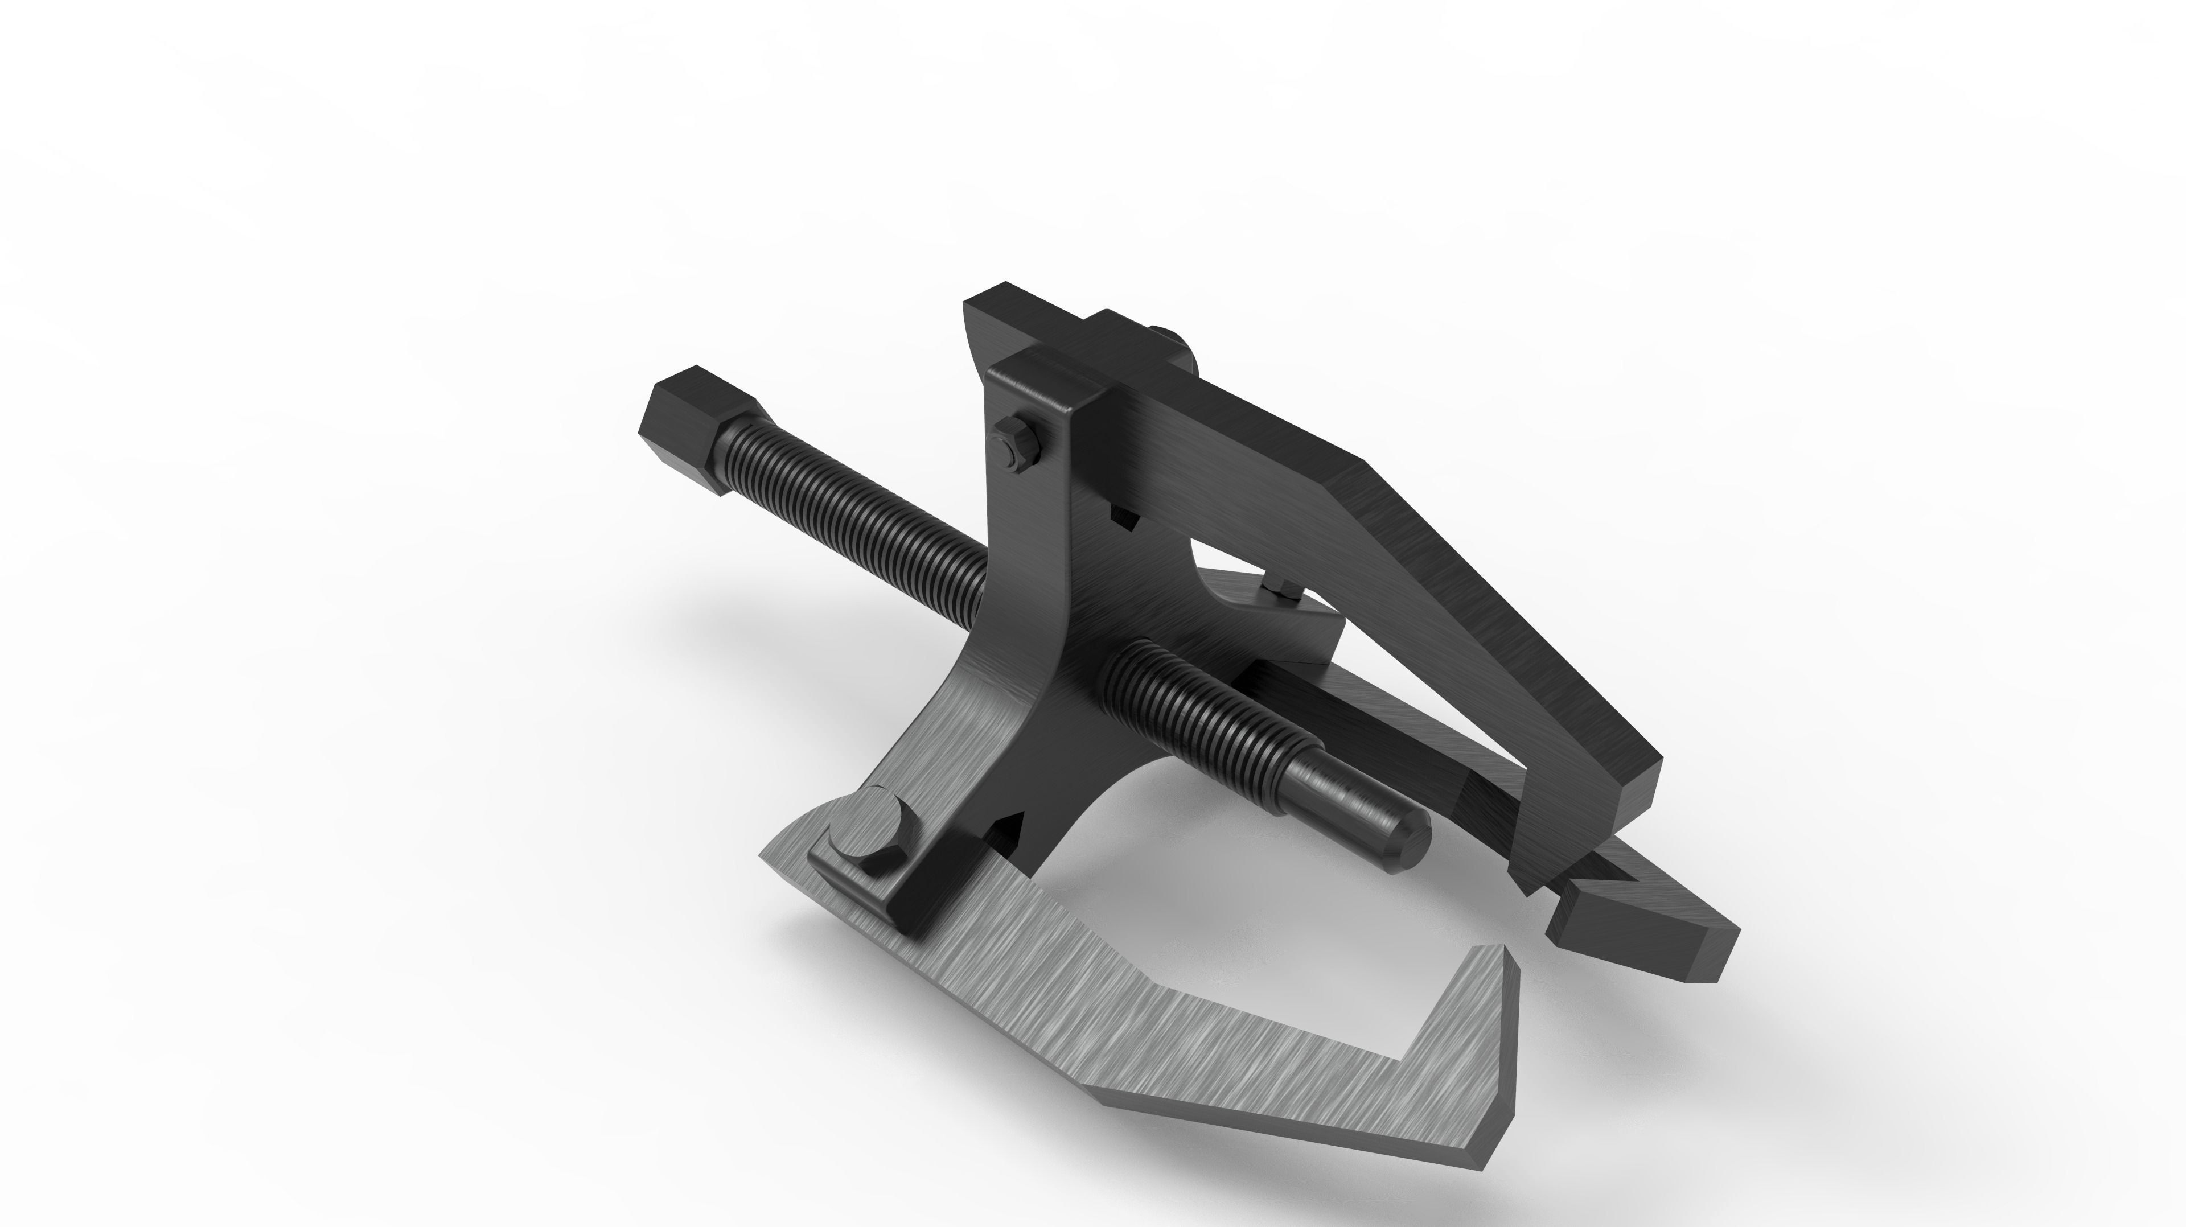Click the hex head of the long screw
(x=697, y=429)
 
